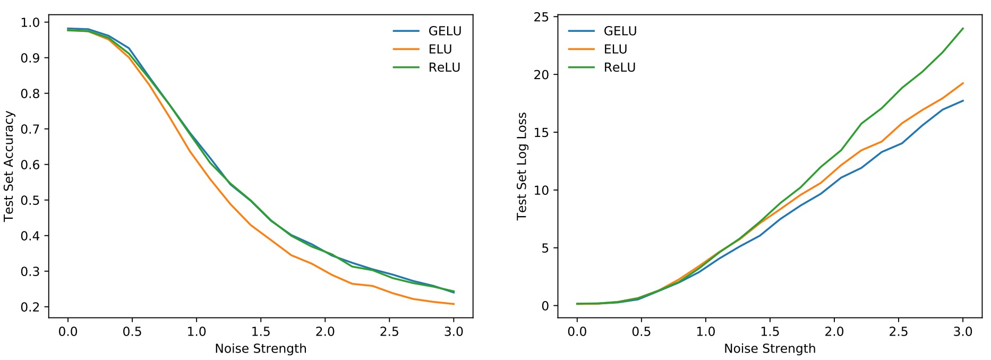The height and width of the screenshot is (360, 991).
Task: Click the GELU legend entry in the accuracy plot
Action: click(x=445, y=31)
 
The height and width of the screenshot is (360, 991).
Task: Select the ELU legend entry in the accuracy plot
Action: click(x=440, y=49)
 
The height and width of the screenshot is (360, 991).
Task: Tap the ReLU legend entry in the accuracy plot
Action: click(x=444, y=67)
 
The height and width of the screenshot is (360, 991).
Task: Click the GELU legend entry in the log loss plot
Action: click(x=620, y=31)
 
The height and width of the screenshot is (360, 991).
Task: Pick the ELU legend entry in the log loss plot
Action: click(x=615, y=49)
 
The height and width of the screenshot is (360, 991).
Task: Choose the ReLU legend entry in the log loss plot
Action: click(x=619, y=67)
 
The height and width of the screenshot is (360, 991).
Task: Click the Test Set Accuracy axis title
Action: click(x=9, y=166)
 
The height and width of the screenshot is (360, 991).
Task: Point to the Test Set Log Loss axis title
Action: click(x=522, y=166)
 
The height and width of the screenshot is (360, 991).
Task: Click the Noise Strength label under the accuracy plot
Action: click(x=260, y=349)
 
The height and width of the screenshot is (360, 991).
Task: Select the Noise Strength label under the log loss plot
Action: click(x=770, y=349)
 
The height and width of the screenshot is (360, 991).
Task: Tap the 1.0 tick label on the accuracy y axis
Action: click(x=30, y=22)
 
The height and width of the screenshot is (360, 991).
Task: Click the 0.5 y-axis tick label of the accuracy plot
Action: click(x=30, y=200)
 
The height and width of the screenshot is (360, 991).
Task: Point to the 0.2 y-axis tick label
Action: click(x=30, y=307)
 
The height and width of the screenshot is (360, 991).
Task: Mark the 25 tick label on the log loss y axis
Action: click(x=542, y=17)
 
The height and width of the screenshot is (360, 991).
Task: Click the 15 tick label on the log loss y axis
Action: click(x=542, y=132)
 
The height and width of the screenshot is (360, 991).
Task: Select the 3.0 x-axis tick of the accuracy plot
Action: click(x=454, y=332)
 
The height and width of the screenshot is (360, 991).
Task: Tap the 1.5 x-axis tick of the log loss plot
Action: click(x=770, y=332)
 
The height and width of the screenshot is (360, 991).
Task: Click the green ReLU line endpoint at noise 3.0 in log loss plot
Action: click(x=963, y=29)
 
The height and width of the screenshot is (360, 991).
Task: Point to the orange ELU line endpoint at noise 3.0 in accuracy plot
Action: click(x=454, y=304)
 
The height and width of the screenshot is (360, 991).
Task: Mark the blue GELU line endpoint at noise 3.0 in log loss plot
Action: click(x=963, y=101)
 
